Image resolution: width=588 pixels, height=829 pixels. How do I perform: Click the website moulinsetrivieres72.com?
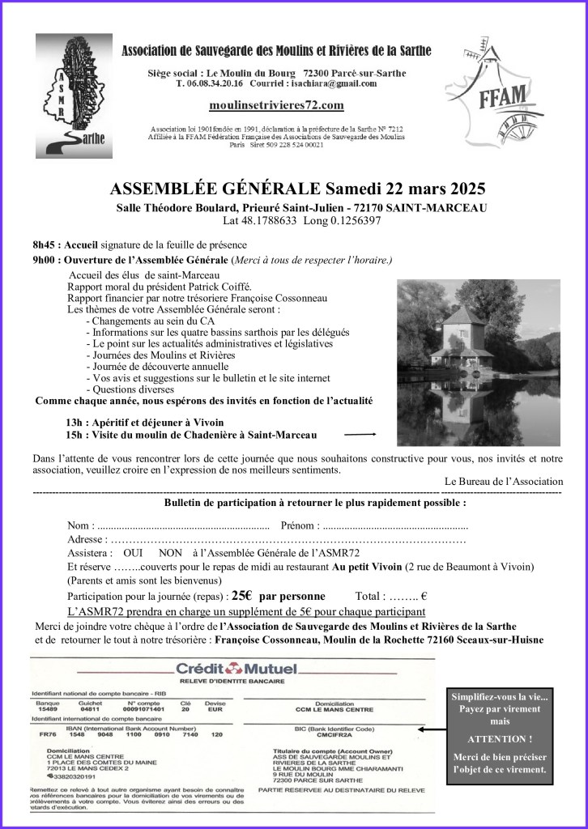pyautogui.click(x=276, y=105)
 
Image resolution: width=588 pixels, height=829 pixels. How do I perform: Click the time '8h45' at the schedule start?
pyautogui.click(x=46, y=245)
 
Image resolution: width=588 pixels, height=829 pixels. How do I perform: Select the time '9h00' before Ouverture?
pyautogui.click(x=46, y=260)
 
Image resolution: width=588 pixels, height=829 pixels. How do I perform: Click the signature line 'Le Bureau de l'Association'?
pyautogui.click(x=503, y=481)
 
